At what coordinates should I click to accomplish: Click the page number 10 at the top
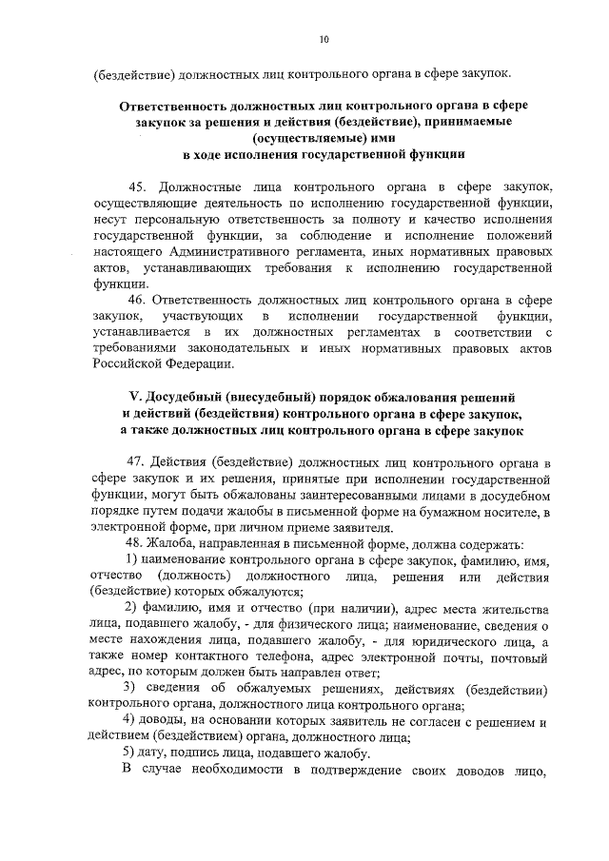[324, 39]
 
